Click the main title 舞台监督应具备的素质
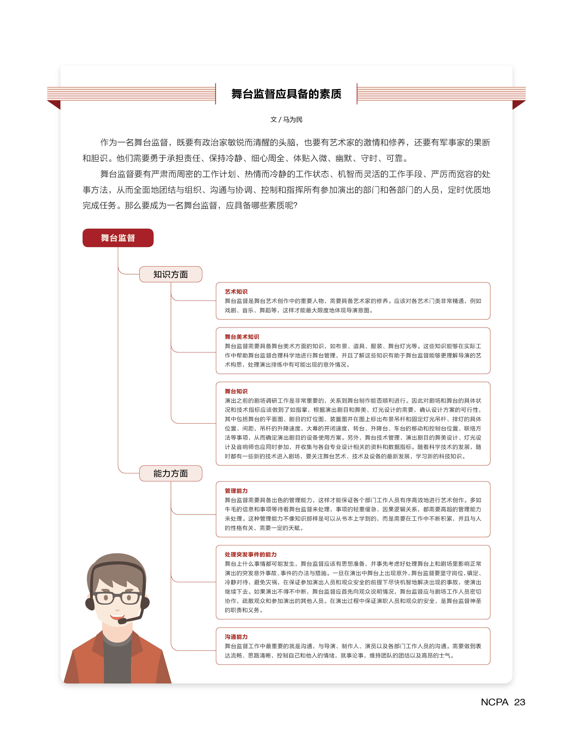coord(286,94)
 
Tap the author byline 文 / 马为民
coord(286,120)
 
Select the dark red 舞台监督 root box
coord(118,238)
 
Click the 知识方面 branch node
coord(170,274)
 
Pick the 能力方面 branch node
coord(170,473)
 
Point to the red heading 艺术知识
coord(236,292)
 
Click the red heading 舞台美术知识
coord(242,337)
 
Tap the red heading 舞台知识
coord(236,391)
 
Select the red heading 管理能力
coord(236,491)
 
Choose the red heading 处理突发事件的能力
coord(251,554)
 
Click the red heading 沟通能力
coord(236,637)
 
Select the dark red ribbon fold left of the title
coord(55,104)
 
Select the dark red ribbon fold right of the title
coord(518,104)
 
